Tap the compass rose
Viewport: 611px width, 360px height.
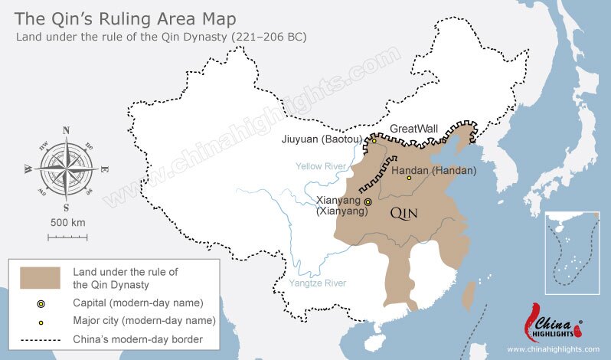(66, 169)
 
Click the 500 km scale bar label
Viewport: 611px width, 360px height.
(66, 222)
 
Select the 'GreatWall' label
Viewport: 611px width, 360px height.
(414, 129)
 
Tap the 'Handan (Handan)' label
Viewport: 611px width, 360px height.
(433, 170)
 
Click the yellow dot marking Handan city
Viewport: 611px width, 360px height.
(409, 178)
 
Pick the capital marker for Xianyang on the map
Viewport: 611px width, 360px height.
(368, 201)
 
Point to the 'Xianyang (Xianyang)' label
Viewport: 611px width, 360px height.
(342, 205)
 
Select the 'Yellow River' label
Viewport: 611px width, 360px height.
(319, 165)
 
